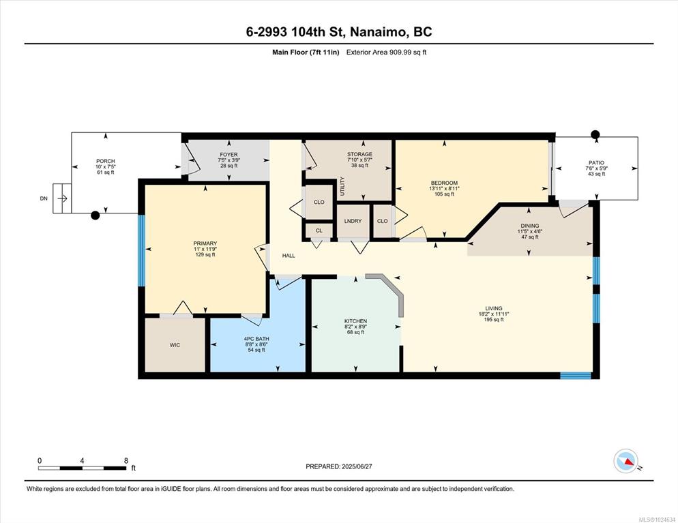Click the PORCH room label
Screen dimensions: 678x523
(x=106, y=161)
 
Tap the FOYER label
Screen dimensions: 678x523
(x=229, y=154)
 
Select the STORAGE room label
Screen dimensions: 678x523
(x=359, y=154)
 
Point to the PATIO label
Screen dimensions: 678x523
(x=596, y=162)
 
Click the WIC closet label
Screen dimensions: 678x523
(x=175, y=345)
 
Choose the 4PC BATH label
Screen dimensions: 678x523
(x=256, y=339)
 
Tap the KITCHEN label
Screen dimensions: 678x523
(x=355, y=321)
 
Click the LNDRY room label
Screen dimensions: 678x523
(x=353, y=221)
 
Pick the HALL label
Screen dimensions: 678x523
(x=289, y=256)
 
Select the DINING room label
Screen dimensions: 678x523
(x=530, y=226)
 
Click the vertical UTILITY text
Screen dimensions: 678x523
(x=342, y=186)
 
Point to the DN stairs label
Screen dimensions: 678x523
(x=44, y=198)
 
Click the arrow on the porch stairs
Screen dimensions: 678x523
(x=62, y=198)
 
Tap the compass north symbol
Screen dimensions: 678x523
(x=626, y=461)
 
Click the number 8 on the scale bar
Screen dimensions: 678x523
(x=126, y=461)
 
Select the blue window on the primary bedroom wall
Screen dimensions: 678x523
(x=141, y=250)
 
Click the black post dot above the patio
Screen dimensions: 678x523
(x=595, y=134)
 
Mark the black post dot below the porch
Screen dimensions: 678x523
(x=95, y=215)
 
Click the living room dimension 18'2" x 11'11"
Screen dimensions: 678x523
(x=493, y=314)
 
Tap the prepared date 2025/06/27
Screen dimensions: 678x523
(x=357, y=466)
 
